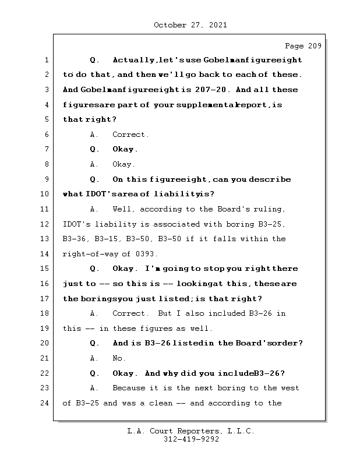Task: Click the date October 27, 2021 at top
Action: point(190,25)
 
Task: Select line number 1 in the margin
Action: point(45,60)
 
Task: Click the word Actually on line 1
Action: point(134,60)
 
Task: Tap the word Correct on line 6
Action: point(130,135)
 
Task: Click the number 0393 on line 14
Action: point(146,254)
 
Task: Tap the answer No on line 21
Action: point(119,358)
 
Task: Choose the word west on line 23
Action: point(290,388)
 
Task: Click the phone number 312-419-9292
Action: point(190,440)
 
